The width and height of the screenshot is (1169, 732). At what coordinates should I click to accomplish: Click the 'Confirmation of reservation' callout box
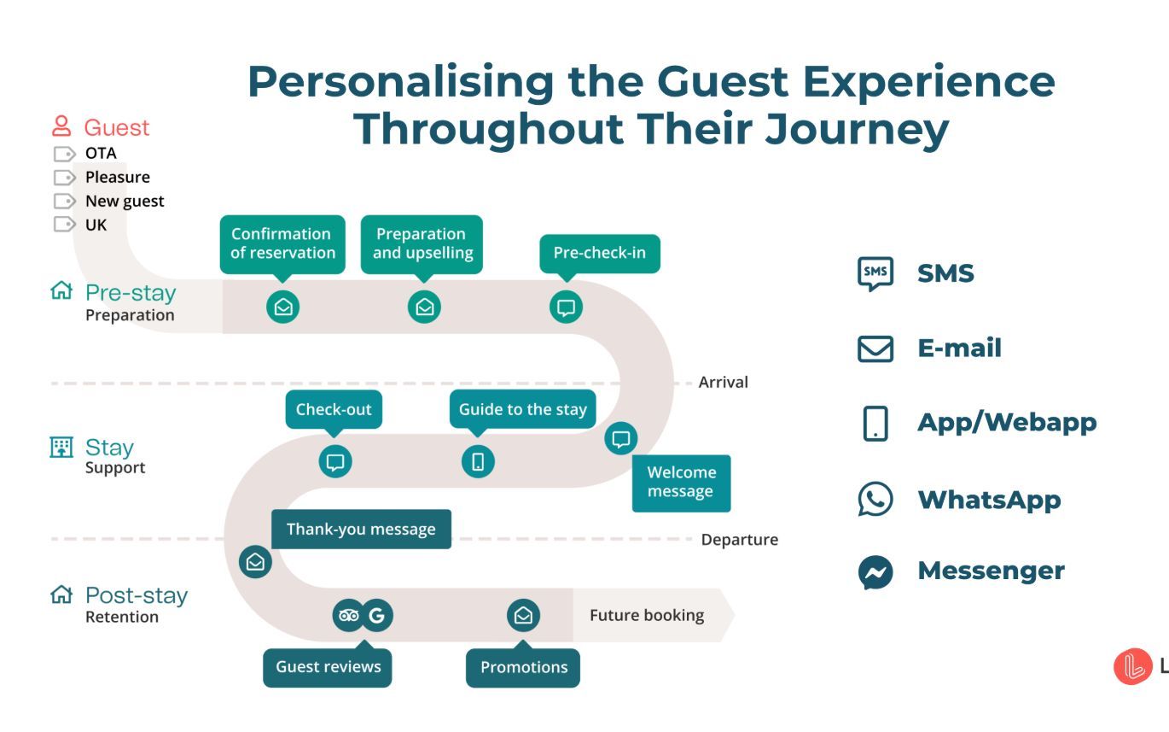click(x=282, y=243)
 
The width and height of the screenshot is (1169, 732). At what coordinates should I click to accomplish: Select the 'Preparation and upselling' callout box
click(x=422, y=243)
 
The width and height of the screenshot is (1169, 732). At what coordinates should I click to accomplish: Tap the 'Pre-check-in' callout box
click(x=600, y=253)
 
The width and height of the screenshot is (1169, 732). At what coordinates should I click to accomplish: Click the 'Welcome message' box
click(x=681, y=483)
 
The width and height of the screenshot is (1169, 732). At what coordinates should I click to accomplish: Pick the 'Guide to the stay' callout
click(x=522, y=409)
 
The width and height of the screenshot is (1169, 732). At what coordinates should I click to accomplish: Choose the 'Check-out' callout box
click(x=334, y=409)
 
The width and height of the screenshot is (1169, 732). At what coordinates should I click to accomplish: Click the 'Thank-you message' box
click(x=361, y=529)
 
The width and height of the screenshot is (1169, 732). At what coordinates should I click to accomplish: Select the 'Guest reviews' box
click(x=328, y=667)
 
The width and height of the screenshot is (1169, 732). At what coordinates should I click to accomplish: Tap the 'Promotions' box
click(x=523, y=667)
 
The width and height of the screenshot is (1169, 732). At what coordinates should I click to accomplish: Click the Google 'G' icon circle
click(x=377, y=615)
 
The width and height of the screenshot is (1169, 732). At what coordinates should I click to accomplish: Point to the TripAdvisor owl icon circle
click(x=348, y=615)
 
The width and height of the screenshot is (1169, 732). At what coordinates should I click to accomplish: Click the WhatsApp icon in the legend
click(x=875, y=500)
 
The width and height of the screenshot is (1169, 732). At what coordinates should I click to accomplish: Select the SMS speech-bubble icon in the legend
click(x=875, y=274)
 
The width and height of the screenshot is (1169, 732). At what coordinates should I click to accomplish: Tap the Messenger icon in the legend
click(x=875, y=572)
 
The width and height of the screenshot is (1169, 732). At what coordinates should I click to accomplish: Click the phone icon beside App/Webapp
click(x=875, y=423)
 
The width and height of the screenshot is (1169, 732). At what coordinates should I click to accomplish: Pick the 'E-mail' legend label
click(x=959, y=348)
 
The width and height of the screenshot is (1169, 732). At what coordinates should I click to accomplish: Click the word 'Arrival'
click(x=723, y=382)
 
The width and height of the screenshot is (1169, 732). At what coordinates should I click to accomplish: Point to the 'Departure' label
click(x=739, y=540)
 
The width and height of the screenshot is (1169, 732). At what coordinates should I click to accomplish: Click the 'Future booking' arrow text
click(x=647, y=615)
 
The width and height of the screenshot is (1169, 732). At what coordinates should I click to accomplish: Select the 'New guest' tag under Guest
click(x=125, y=202)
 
